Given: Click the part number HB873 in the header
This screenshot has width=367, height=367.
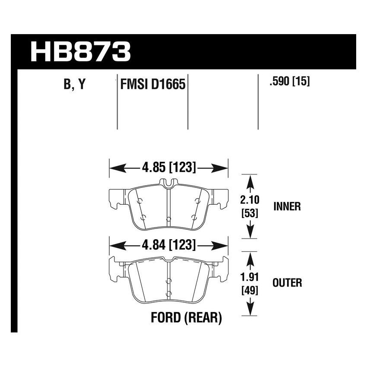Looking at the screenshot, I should tap(80, 52).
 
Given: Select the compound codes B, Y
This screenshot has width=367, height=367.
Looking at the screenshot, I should tap(75, 85).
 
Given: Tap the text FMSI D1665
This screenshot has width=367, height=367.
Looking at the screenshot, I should tap(152, 84).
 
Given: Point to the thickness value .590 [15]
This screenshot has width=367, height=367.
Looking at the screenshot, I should tap(289, 82).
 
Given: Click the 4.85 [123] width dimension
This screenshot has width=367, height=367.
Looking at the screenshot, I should tap(169, 167).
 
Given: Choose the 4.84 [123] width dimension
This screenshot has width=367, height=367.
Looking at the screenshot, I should tap(169, 246).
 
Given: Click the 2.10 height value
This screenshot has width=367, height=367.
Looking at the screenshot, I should tap(249, 200).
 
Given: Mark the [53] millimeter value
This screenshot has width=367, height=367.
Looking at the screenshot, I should tap(249, 213).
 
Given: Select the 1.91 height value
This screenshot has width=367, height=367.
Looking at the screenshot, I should tap(249, 278).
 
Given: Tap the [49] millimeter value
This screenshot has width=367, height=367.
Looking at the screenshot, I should tap(249, 290).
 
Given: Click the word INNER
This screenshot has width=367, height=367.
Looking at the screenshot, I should tap(287, 206).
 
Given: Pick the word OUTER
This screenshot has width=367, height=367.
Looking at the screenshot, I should tap(287, 283).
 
